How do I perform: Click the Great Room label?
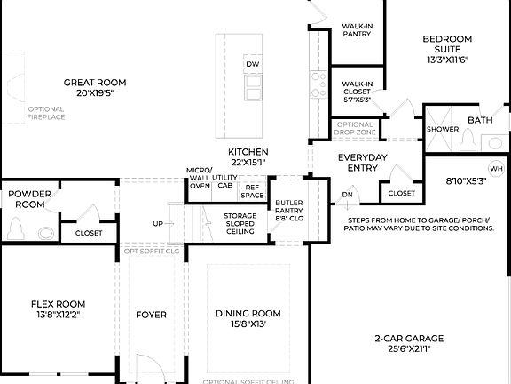pyautogui.click(x=89, y=82)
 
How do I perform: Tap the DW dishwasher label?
pyautogui.click(x=252, y=65)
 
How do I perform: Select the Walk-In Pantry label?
pyautogui.click(x=357, y=31)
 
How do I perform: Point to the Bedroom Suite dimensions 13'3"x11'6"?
pyautogui.click(x=446, y=60)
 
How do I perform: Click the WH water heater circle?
pyautogui.click(x=495, y=169)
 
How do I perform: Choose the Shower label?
pyautogui.click(x=443, y=129)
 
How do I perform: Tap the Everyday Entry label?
pyautogui.click(x=363, y=163)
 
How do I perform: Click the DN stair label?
pyautogui.click(x=348, y=194)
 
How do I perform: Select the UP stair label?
pyautogui.click(x=158, y=223)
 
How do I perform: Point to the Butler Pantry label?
pyautogui.click(x=289, y=209)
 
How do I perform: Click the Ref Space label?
pyautogui.click(x=253, y=191)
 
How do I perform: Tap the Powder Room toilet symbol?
pyautogui.click(x=15, y=229)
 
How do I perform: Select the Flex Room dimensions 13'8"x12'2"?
pyautogui.click(x=58, y=315)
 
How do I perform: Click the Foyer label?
pyautogui.click(x=151, y=315)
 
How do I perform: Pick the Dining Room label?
pyautogui.click(x=248, y=314)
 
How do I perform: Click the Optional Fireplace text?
pyautogui.click(x=45, y=113)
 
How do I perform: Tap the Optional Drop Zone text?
pyautogui.click(x=355, y=128)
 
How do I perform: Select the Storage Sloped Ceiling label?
pyautogui.click(x=240, y=222)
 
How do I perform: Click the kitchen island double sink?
pyautogui.click(x=253, y=85)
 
